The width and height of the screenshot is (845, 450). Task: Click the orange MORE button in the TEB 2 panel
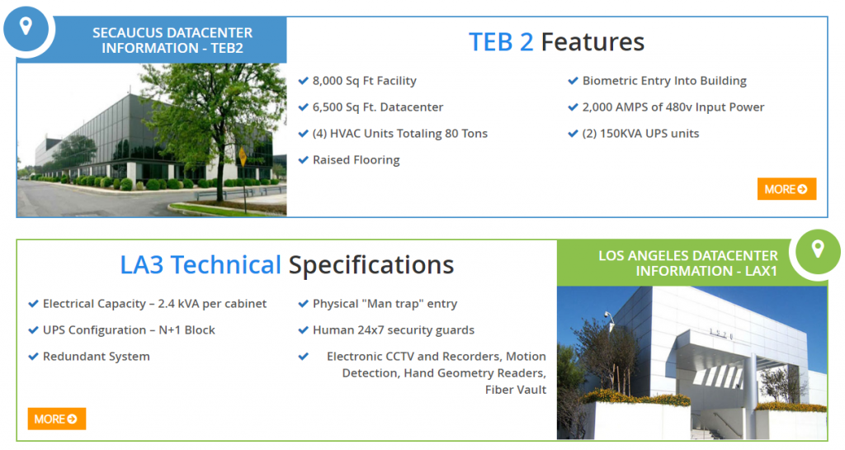[786, 189]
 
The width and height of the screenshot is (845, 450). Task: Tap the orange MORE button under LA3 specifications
[57, 419]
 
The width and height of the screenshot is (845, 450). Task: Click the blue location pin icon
[26, 26]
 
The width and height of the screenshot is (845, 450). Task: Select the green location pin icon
[818, 249]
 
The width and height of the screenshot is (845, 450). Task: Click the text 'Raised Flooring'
[356, 160]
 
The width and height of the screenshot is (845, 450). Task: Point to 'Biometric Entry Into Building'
[664, 81]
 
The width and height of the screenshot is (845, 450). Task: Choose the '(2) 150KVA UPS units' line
[640, 134]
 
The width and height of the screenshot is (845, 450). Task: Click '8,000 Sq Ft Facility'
[364, 81]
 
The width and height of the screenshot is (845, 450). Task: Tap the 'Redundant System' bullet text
[97, 356]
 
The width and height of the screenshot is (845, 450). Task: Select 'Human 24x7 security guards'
[394, 329]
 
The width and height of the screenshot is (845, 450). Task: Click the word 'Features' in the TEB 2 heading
[592, 42]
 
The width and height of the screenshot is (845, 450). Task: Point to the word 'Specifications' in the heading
[371, 265]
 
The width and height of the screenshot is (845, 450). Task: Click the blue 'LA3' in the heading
[141, 265]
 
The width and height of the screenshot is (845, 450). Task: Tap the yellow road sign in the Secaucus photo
[243, 157]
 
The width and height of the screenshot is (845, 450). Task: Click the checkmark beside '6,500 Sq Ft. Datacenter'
[304, 107]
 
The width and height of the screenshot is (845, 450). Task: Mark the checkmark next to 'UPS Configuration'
[33, 329]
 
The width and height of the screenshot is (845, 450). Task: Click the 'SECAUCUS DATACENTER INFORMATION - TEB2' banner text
[172, 40]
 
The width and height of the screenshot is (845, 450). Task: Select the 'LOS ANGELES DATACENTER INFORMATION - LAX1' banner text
[688, 263]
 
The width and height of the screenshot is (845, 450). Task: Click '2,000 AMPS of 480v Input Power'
[673, 107]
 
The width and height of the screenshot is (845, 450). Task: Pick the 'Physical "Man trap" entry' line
[385, 304]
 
